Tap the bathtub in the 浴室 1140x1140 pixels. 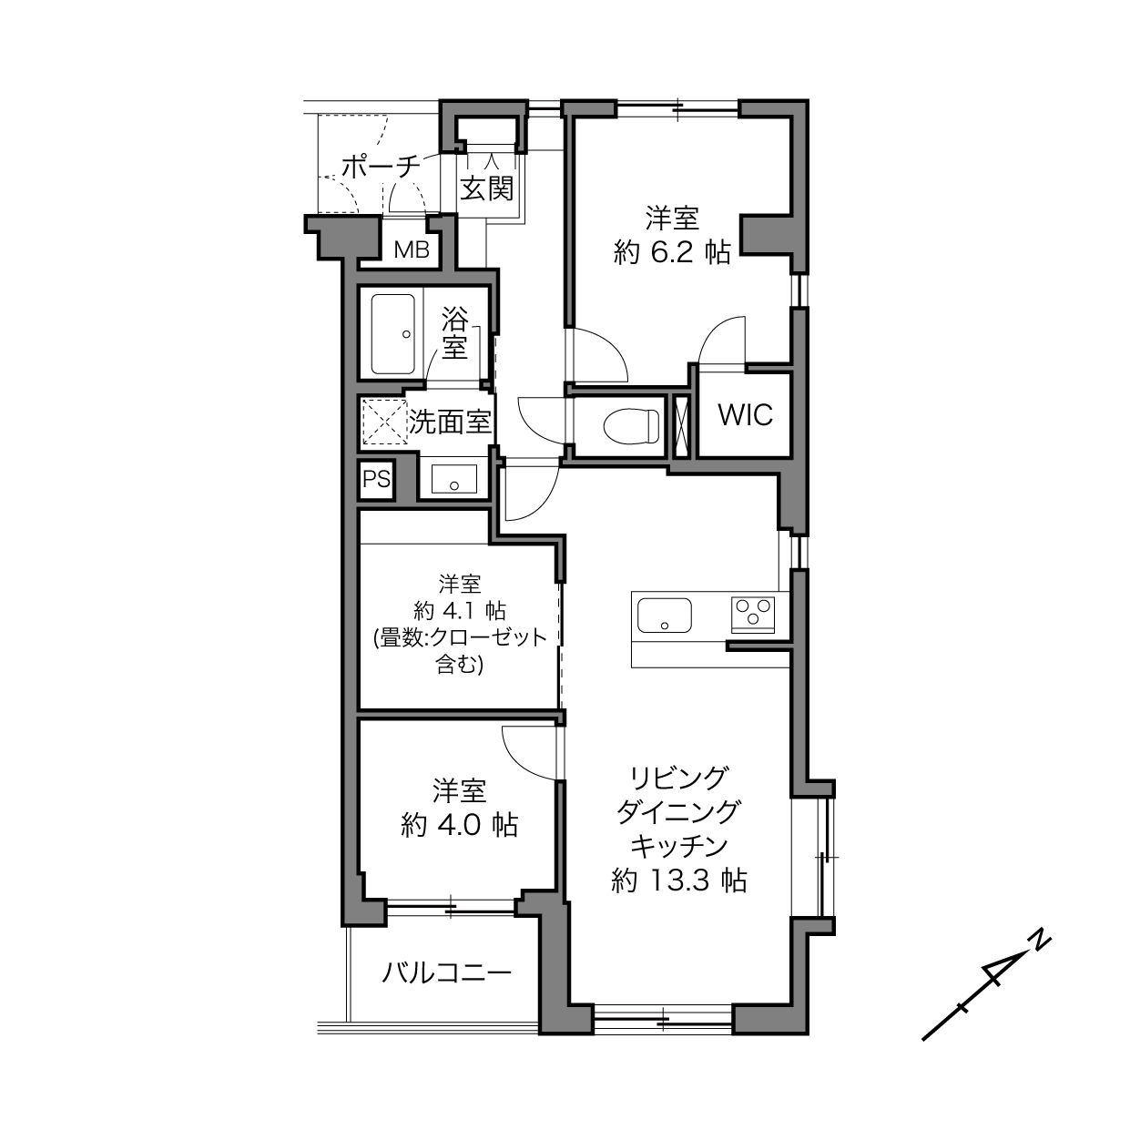coord(392,334)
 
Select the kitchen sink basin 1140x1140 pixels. coord(665,616)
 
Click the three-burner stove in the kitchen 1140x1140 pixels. coord(753,615)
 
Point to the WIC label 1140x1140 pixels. coord(746,414)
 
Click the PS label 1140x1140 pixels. coord(376,479)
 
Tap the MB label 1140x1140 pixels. coord(412,249)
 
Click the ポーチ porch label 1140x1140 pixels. coord(381,167)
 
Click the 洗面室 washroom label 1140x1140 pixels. coord(450,422)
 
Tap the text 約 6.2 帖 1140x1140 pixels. coord(672,253)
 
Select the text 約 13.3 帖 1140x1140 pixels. coord(678,881)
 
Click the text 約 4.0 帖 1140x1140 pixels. coord(459,825)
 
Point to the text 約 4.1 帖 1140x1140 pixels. coord(459,610)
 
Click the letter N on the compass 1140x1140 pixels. coord(1040,942)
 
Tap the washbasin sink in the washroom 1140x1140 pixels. coord(453,479)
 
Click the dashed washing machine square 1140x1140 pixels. coord(384,422)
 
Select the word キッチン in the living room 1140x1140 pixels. coord(678,847)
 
